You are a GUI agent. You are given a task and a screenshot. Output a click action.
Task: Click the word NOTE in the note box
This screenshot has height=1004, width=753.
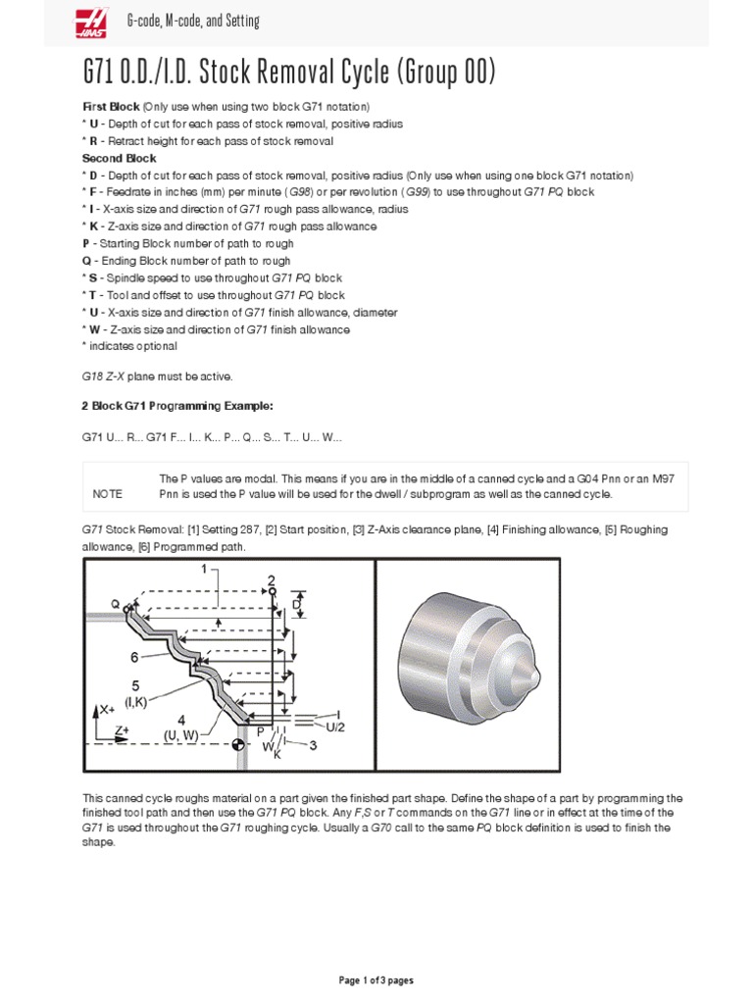(x=108, y=494)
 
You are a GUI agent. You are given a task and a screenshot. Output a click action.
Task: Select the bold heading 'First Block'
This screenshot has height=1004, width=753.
(x=111, y=106)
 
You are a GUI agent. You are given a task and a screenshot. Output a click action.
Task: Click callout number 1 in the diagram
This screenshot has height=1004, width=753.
(x=203, y=570)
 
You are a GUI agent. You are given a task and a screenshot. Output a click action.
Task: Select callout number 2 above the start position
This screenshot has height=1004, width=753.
(x=272, y=578)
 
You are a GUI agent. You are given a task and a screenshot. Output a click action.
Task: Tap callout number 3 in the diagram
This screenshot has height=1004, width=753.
(x=312, y=746)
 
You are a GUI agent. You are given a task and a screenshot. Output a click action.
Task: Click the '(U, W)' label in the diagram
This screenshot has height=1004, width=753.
(x=182, y=733)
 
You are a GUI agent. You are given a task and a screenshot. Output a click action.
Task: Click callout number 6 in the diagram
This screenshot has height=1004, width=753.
(x=135, y=658)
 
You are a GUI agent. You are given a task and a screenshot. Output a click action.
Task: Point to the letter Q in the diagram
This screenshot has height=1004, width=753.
(x=115, y=604)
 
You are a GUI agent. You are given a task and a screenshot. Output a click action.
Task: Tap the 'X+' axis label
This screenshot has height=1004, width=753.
(x=107, y=708)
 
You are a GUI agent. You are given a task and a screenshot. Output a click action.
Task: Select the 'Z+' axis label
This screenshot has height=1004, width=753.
(x=122, y=730)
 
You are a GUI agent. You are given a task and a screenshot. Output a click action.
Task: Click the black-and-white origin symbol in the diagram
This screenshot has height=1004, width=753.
(x=236, y=746)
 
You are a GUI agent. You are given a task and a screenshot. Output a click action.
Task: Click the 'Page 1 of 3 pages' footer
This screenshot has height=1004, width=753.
(x=376, y=979)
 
